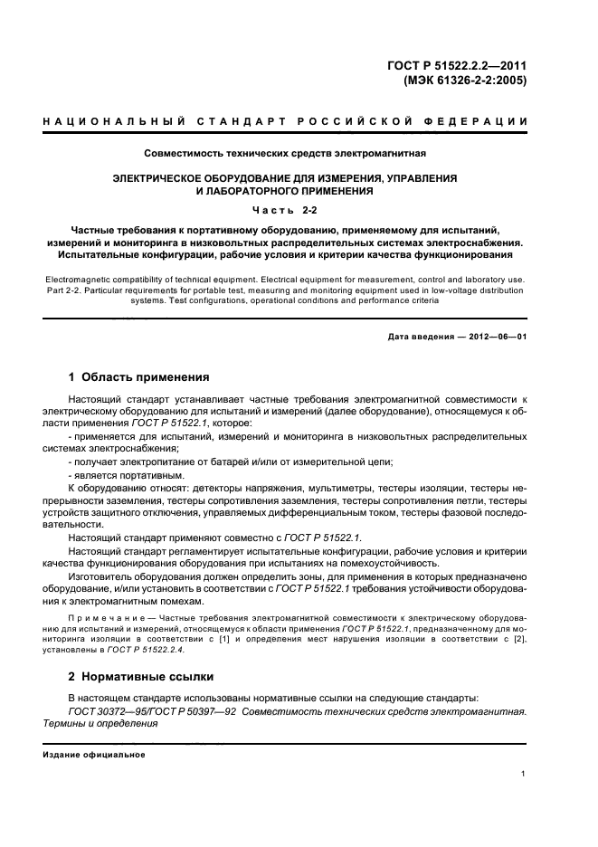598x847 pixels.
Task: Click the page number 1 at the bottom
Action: pos(524,773)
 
